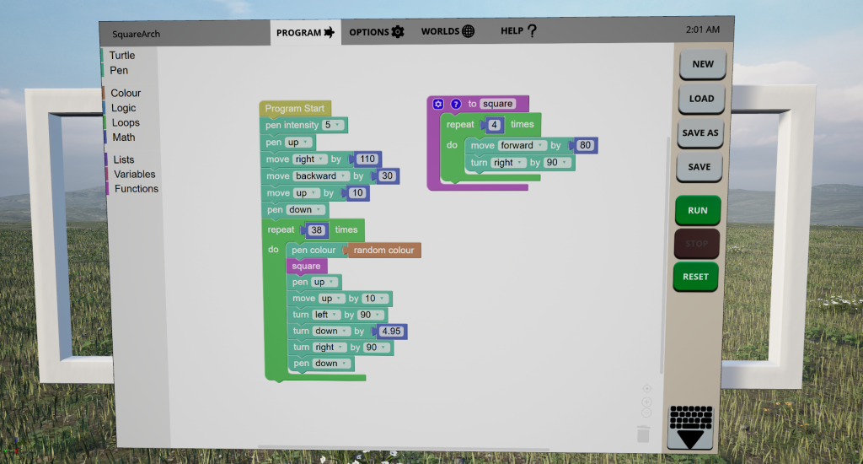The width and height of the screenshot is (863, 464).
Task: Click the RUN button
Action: (697, 210)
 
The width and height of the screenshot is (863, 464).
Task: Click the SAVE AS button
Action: (700, 132)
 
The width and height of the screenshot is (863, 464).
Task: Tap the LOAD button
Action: (701, 98)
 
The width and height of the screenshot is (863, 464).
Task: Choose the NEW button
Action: (702, 64)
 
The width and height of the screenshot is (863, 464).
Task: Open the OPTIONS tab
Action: (377, 32)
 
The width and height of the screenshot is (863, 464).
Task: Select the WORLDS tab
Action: (448, 32)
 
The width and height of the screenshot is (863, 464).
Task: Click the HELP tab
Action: (518, 32)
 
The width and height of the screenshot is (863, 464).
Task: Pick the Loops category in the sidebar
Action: (126, 122)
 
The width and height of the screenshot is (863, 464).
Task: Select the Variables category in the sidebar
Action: (134, 174)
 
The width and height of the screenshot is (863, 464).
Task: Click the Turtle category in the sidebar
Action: (121, 56)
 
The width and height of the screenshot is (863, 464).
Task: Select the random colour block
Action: (383, 251)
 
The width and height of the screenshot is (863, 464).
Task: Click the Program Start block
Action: (294, 109)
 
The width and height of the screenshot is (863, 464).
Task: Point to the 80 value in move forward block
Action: (586, 146)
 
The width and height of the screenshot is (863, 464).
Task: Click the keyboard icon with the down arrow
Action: (689, 426)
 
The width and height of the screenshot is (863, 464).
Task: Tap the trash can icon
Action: (643, 434)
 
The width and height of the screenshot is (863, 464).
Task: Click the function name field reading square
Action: (497, 104)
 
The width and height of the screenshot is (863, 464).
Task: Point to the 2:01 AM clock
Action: (703, 30)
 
